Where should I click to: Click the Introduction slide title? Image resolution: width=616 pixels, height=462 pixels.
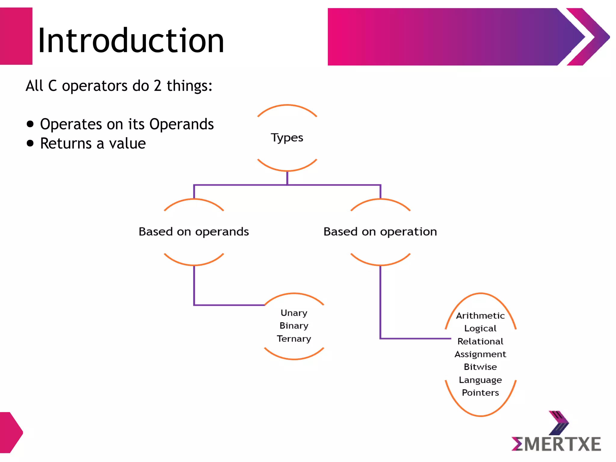(131, 41)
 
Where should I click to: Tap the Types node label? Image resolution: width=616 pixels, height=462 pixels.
(287, 138)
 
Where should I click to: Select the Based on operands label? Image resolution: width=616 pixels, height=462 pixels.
(194, 232)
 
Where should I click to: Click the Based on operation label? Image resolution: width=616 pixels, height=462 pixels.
(380, 232)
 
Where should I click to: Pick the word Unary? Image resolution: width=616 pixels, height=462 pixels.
(294, 313)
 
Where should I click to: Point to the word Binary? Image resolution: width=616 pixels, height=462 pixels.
(294, 326)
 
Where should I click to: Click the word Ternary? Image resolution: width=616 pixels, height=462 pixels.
(294, 339)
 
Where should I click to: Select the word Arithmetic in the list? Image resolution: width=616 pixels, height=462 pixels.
(480, 316)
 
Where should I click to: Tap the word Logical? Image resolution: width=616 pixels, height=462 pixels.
(480, 328)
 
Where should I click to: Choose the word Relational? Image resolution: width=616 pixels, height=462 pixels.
(480, 341)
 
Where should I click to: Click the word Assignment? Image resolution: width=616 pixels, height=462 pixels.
(480, 354)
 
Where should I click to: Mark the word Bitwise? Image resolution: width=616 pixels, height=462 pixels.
(480, 367)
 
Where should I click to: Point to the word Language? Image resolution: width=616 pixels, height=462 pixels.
(480, 380)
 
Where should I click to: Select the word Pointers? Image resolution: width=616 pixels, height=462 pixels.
(480, 393)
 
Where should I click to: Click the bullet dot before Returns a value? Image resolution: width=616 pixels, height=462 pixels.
(30, 143)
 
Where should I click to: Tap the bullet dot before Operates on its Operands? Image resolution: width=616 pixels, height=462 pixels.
(30, 124)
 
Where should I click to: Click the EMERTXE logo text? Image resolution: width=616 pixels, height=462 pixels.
(556, 444)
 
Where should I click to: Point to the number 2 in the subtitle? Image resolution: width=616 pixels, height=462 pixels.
(158, 86)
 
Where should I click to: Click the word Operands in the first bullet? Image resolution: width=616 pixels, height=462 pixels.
(181, 124)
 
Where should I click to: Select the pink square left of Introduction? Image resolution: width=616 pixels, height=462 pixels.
(16, 36)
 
